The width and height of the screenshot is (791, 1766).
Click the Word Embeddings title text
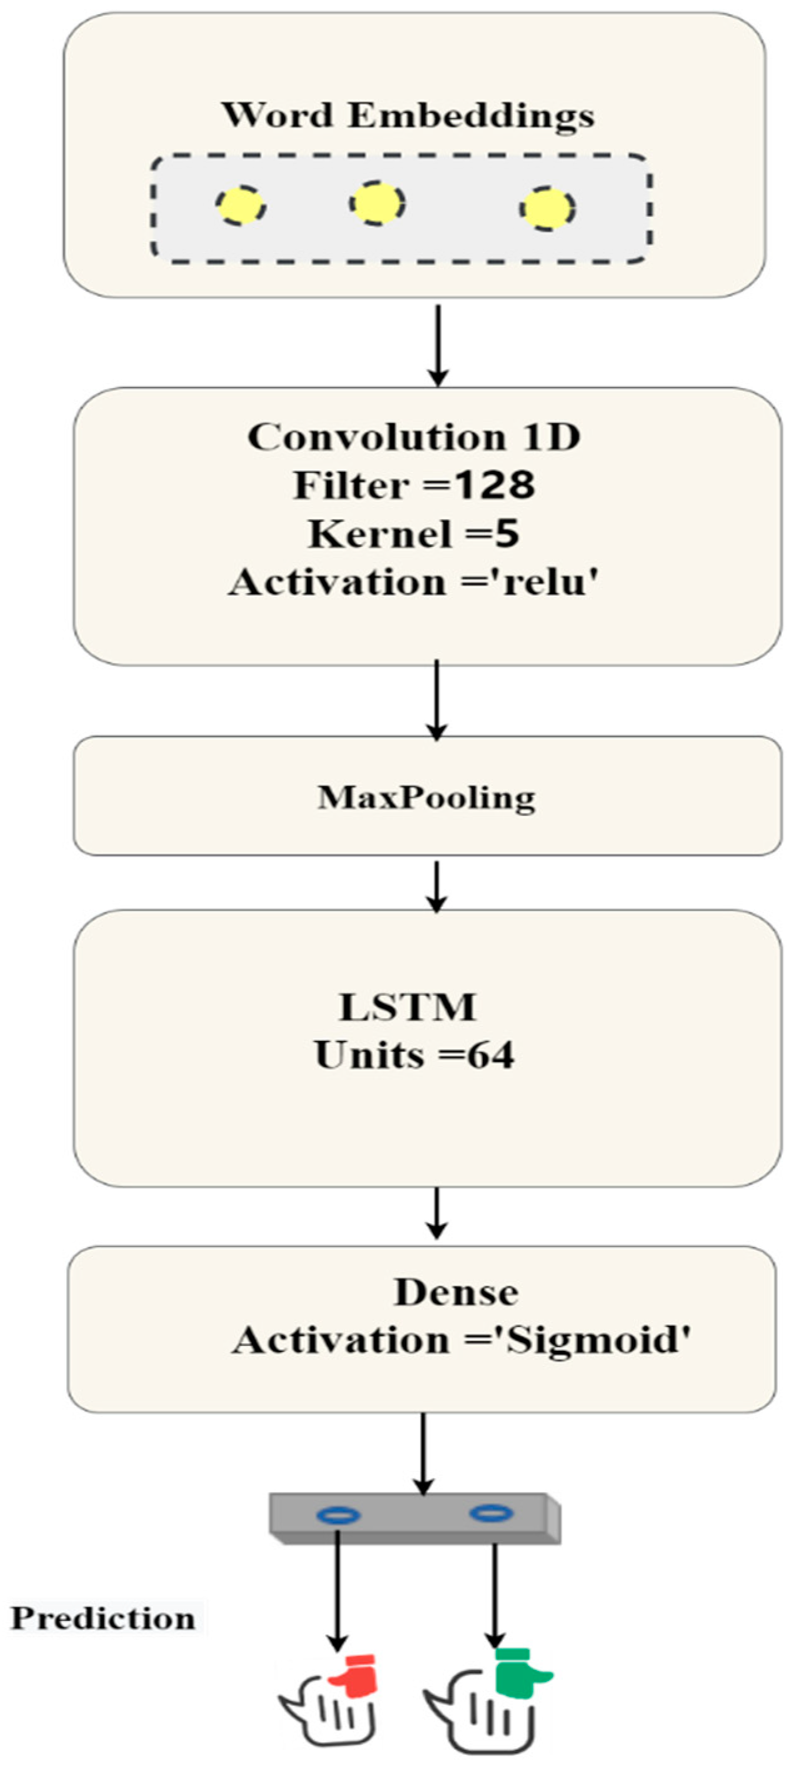pos(407,116)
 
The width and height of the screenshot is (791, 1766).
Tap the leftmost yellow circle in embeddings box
pos(241,205)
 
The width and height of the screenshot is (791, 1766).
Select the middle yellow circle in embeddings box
pos(377,203)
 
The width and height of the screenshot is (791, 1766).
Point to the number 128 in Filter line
pos(495,485)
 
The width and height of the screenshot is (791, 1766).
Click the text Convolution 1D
pos(414,438)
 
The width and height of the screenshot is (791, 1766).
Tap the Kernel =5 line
pos(414,534)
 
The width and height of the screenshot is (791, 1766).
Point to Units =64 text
pos(414,1055)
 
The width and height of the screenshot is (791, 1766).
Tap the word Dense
pos(456,1293)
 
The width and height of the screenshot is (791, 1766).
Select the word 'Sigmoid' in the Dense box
pos(595,1340)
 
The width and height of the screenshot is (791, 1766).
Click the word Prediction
pos(103,1619)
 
